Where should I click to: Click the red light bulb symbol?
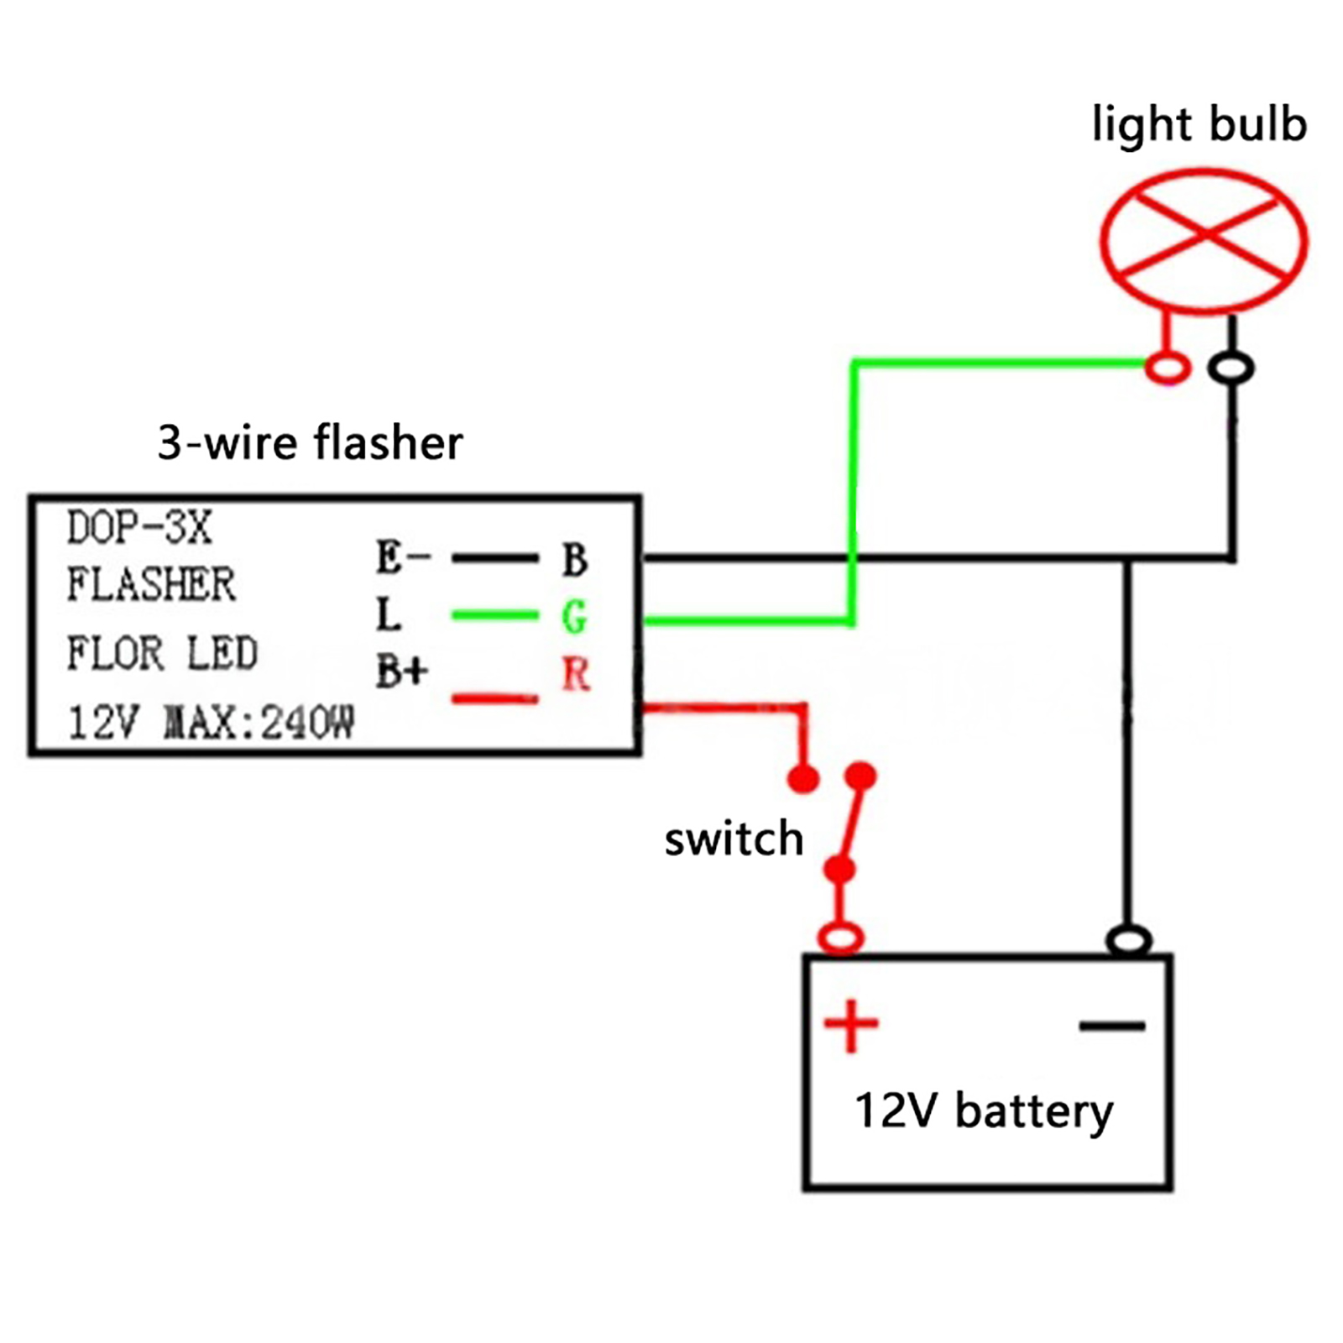(x=1204, y=241)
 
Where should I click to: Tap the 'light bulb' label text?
(x=1199, y=124)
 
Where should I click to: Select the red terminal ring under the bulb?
(x=1168, y=368)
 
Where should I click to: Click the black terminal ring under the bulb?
(x=1231, y=368)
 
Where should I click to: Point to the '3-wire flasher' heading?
(x=310, y=442)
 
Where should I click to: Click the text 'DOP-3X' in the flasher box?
(x=139, y=529)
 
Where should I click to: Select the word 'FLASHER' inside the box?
(x=151, y=585)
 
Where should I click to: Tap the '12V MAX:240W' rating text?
(x=211, y=722)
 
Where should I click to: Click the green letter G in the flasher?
(x=574, y=617)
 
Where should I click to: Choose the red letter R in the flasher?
(x=576, y=674)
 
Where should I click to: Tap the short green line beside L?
(x=494, y=615)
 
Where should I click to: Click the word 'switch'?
(x=734, y=839)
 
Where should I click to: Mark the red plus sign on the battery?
(x=851, y=1025)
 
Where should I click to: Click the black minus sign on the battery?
(x=1112, y=1025)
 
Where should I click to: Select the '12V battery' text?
(x=984, y=1110)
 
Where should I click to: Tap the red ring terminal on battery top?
(x=841, y=937)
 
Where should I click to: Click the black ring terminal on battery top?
(x=1129, y=939)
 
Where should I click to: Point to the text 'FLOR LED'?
(x=162, y=654)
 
